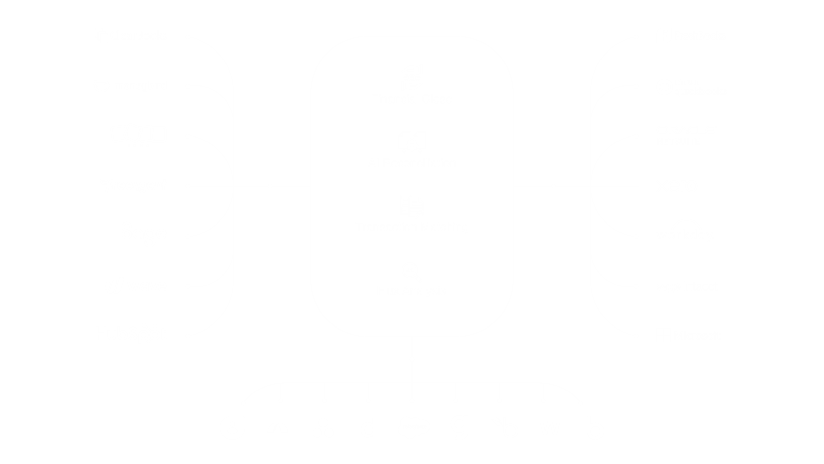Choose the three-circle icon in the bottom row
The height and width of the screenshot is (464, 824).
(x=323, y=428)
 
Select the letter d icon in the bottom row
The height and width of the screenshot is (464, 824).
(x=368, y=428)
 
